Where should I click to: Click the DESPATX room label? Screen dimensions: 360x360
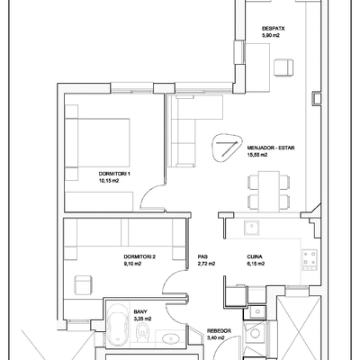[273, 29]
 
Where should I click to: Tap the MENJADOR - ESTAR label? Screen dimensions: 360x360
[271, 148]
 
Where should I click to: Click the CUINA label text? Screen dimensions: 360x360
[255, 256]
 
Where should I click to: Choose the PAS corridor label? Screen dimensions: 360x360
[202, 256]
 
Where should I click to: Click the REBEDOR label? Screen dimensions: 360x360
[219, 331]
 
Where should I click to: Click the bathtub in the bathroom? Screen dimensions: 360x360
[118, 325]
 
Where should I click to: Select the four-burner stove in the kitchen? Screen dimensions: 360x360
[310, 258]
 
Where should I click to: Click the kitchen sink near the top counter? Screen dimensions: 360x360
[252, 228]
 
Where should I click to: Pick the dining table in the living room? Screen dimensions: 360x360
[269, 192]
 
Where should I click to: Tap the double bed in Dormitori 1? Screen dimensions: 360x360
[97, 142]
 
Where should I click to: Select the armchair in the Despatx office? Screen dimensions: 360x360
[283, 67]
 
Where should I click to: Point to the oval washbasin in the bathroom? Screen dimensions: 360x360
[171, 338]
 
